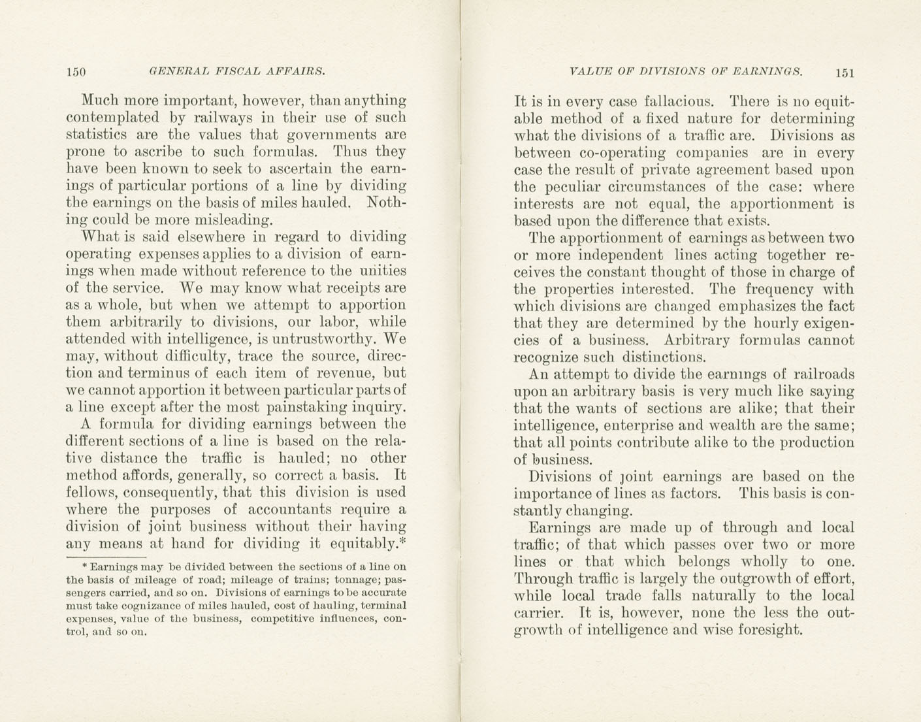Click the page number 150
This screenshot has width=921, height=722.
76,72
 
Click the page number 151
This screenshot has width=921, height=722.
843,72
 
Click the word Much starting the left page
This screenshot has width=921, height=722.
99,101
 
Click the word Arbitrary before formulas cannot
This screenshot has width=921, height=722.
696,340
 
